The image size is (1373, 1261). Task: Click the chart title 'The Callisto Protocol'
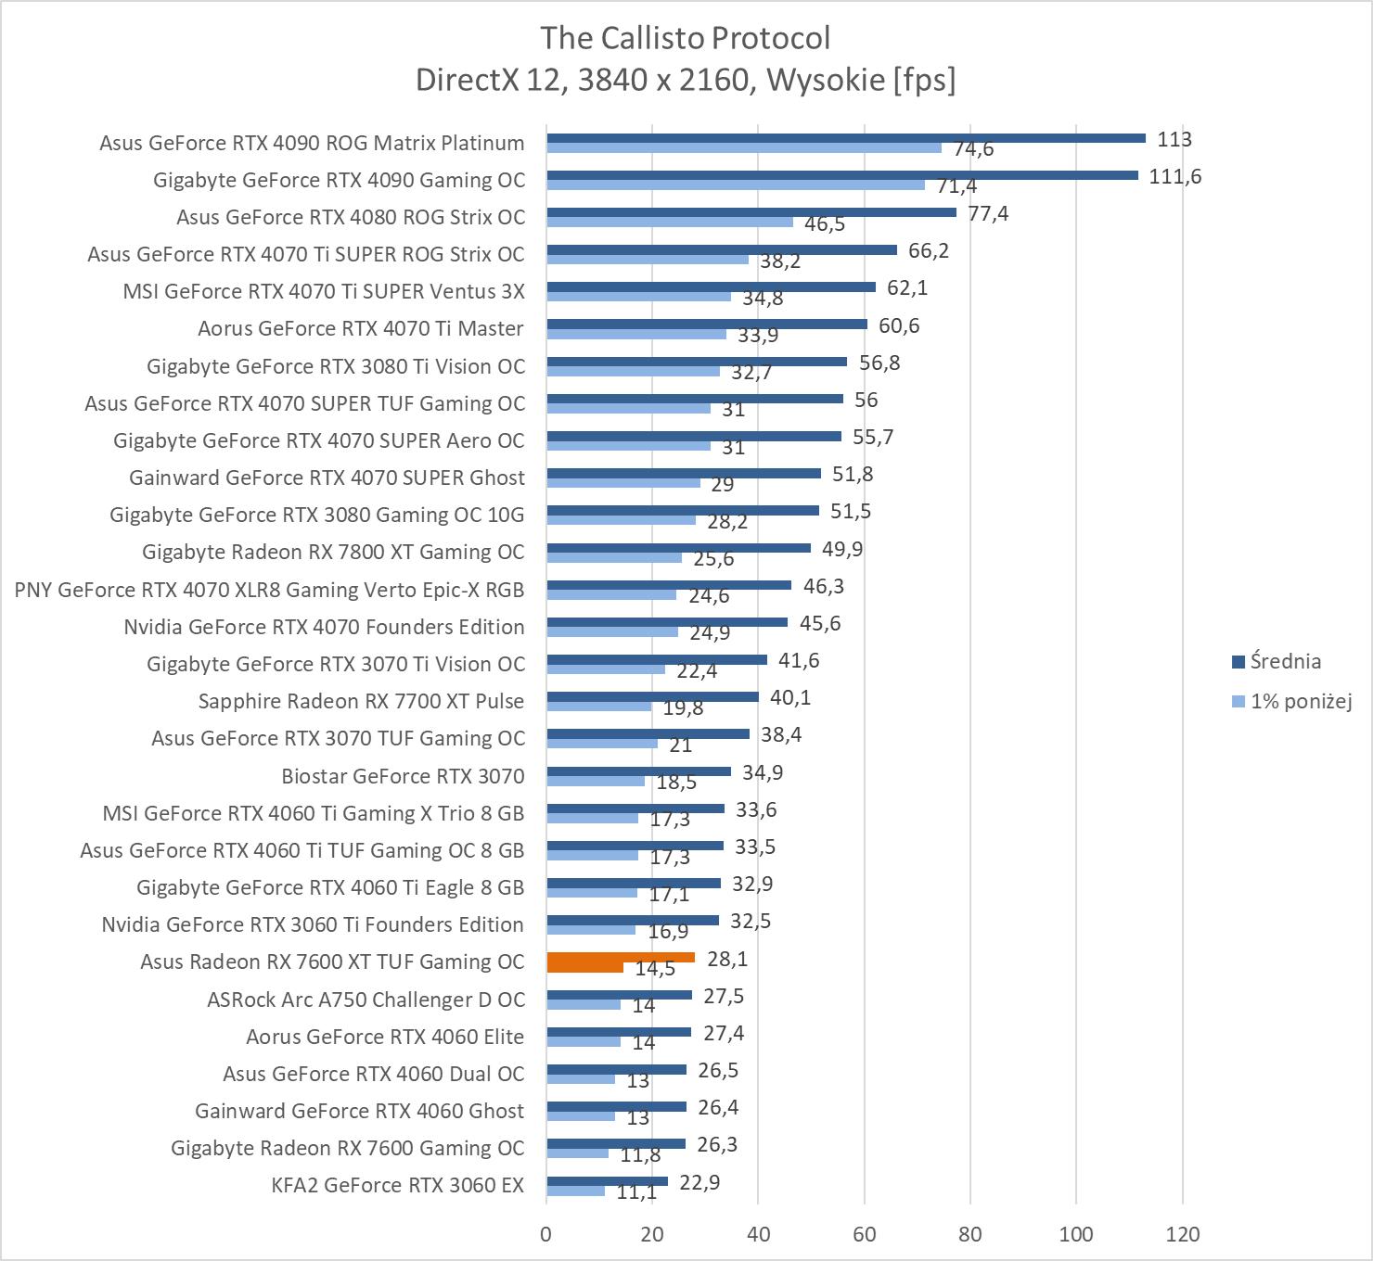click(685, 38)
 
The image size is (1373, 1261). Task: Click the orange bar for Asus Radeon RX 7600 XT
click(620, 958)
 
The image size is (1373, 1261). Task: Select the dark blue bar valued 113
click(845, 138)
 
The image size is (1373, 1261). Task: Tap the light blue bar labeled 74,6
click(743, 148)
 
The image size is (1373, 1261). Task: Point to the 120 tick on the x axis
click(1182, 1234)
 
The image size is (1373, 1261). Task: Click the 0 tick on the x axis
click(546, 1234)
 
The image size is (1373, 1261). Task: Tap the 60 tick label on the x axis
click(865, 1234)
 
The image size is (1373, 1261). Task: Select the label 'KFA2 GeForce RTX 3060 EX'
click(398, 1185)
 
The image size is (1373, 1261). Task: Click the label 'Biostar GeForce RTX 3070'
click(403, 775)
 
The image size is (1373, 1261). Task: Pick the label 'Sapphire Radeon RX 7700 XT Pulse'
click(361, 701)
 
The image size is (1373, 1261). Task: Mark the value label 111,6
click(1174, 176)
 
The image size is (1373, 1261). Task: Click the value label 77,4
click(989, 213)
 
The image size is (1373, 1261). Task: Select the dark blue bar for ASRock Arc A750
click(619, 995)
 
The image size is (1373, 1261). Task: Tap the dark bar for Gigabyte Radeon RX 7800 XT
click(678, 548)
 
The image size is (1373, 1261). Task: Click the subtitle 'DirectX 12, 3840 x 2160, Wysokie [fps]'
click(685, 80)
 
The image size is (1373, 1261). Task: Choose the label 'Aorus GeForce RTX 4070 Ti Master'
click(360, 328)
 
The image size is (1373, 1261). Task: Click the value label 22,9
click(699, 1182)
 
